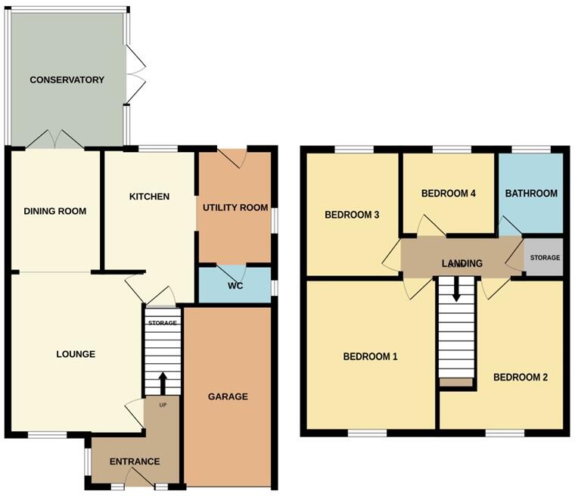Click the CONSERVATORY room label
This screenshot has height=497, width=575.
pos(67,79)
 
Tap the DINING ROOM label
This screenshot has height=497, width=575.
pos(54,211)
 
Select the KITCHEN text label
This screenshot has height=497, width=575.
pos(149,197)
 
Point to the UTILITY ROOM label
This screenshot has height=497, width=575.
pos(235,207)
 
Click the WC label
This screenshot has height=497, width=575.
pos(235,287)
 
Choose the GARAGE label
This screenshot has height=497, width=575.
pos(228,396)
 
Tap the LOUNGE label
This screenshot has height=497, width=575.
pos(76,353)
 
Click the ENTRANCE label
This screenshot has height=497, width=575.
pos(135,461)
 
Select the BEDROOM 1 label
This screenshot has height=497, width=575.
pos(370,356)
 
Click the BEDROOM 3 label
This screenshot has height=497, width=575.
pos(352,215)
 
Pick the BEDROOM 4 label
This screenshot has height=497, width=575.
pos(448,193)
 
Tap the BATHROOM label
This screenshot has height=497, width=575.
pos(531,193)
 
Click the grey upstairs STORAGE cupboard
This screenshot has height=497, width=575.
pos(544,258)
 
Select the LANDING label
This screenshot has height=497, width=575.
pos(462,263)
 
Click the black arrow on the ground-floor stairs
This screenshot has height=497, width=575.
pos(162,382)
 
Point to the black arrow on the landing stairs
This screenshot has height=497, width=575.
pos(456,287)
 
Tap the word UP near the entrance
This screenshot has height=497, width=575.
pos(162,405)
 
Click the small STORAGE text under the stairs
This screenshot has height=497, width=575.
pos(162,323)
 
